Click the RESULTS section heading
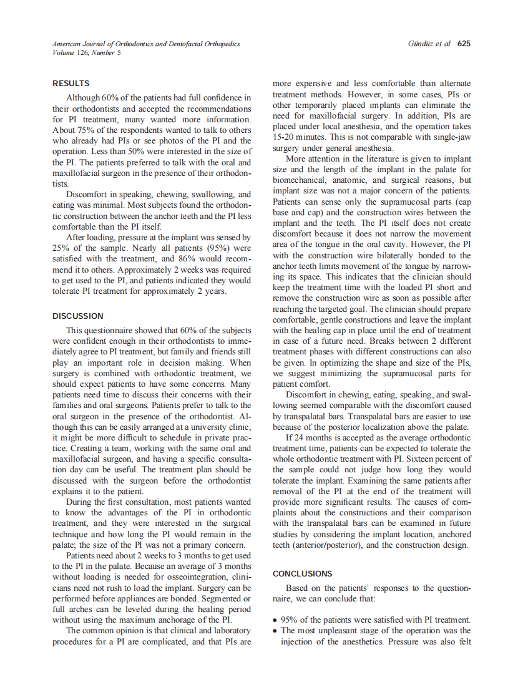tap(71, 84)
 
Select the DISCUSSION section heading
tap(78, 316)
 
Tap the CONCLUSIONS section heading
tap(303, 573)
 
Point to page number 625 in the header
tap(464, 44)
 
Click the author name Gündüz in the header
tap(420, 44)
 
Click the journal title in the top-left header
tap(145, 44)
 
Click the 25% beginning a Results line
tap(61, 247)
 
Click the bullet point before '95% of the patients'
tap(276, 620)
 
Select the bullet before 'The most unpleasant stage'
tap(276, 631)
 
